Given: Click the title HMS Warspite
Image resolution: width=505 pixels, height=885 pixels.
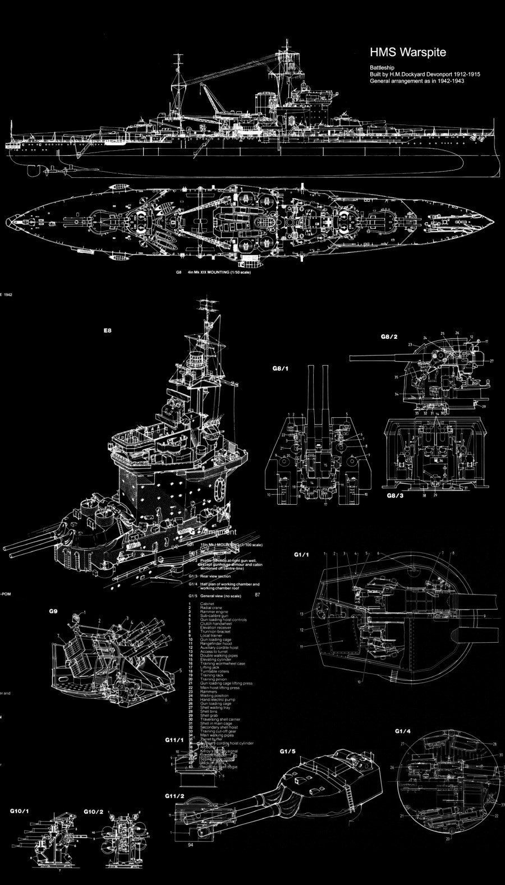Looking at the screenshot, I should (x=407, y=53).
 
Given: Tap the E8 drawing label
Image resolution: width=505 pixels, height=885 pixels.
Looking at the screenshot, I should (x=108, y=330).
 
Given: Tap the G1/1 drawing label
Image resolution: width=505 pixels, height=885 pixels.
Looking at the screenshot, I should (x=302, y=555).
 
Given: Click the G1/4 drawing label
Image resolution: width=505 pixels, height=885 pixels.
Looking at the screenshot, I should (x=403, y=731).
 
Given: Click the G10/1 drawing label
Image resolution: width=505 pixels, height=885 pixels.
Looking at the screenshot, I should (x=20, y=812).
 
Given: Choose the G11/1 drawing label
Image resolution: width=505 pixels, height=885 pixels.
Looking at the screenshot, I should (x=175, y=740).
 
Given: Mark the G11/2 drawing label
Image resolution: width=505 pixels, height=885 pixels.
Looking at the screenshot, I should (x=175, y=796).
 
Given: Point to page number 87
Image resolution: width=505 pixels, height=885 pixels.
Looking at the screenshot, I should (x=257, y=594).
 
